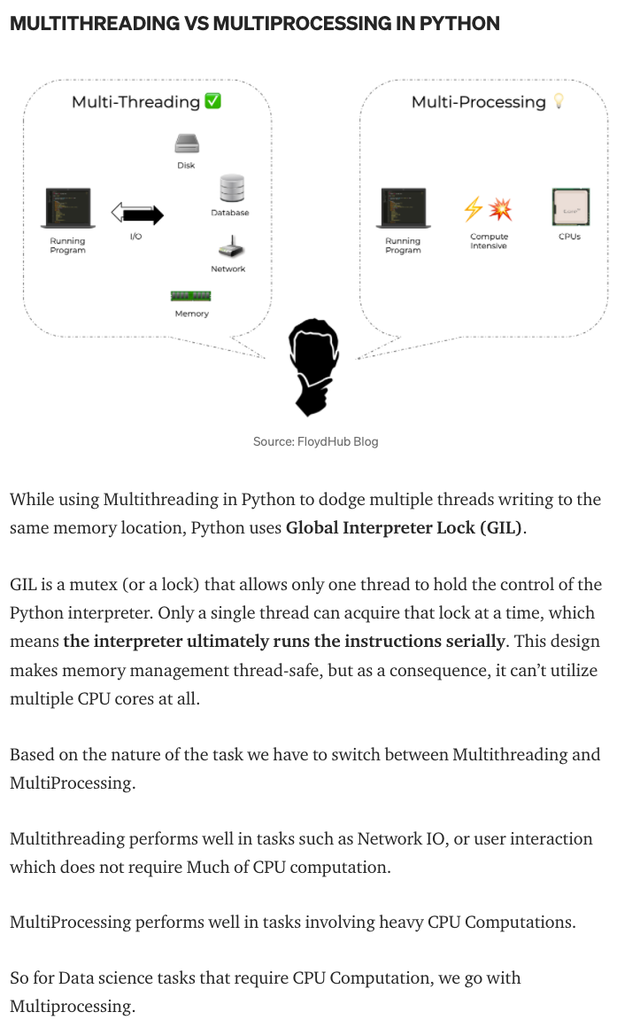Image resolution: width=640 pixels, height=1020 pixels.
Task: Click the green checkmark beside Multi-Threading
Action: (x=212, y=101)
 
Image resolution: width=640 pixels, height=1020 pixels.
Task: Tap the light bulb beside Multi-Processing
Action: (x=559, y=101)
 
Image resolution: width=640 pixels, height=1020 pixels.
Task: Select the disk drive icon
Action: (x=186, y=144)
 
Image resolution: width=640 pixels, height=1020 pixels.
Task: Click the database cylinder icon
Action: (x=231, y=189)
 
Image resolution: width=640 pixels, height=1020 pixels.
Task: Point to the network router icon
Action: (x=228, y=247)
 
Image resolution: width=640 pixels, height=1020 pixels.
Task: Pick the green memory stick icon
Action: (x=190, y=296)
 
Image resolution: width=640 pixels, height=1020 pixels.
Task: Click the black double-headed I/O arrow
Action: (x=137, y=214)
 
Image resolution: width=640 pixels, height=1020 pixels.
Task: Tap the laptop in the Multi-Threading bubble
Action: (x=68, y=209)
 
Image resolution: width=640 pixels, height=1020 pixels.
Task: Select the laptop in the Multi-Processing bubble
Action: (x=403, y=209)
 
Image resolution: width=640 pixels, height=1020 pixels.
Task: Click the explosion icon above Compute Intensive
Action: (x=501, y=209)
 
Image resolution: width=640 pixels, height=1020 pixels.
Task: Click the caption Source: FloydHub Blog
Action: (x=315, y=441)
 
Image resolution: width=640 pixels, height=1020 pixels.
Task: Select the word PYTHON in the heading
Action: (x=460, y=23)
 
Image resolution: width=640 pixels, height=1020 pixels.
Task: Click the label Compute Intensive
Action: (x=489, y=241)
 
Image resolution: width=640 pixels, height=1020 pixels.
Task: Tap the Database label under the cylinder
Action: (x=229, y=213)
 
